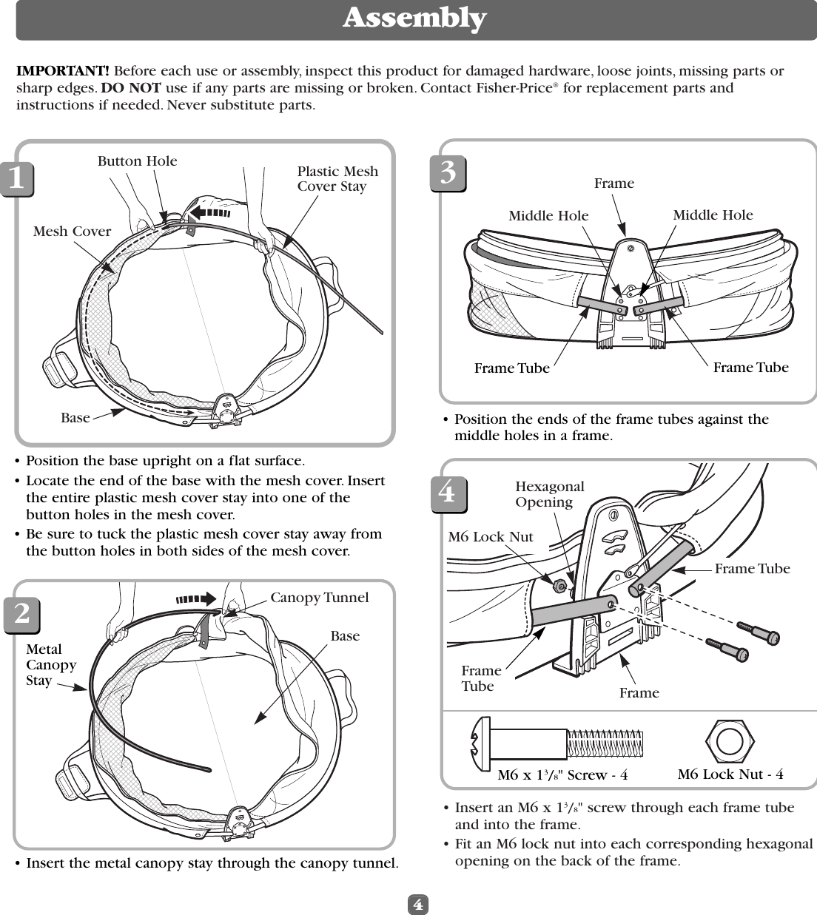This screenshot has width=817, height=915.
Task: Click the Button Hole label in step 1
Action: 137,161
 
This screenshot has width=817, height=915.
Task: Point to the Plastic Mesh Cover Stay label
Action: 337,179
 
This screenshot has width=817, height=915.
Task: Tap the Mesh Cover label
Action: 72,232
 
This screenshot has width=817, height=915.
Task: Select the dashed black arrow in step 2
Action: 195,598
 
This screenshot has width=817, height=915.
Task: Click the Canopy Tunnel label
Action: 319,598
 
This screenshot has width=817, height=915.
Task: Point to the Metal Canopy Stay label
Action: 51,664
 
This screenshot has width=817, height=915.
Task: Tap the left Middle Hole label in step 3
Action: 548,216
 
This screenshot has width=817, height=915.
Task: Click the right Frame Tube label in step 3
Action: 750,367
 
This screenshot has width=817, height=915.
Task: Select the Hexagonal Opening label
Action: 549,494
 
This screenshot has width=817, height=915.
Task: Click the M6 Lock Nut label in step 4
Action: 490,537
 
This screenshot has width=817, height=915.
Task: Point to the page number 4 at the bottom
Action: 418,904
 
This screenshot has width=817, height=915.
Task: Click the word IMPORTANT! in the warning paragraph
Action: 64,71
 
